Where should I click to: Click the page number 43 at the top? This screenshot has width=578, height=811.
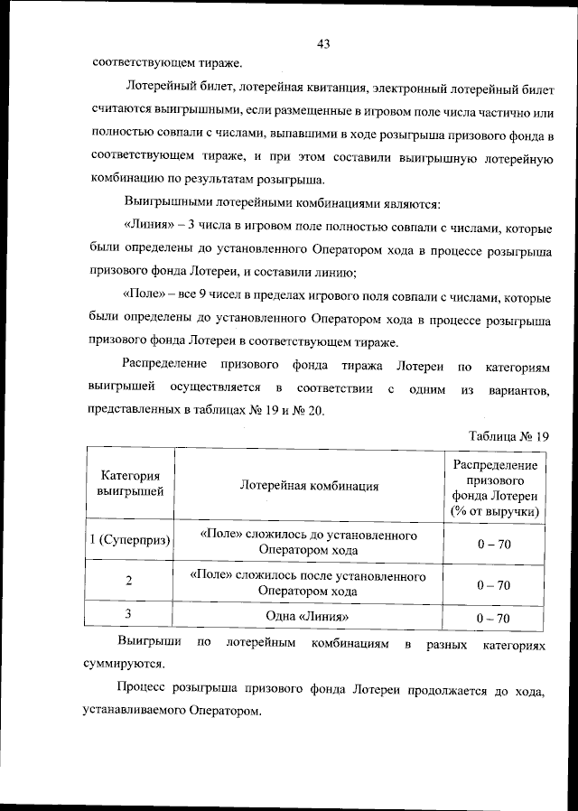click(323, 43)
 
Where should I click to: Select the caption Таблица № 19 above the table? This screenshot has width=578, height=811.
click(508, 436)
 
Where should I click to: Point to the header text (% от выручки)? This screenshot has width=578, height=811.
click(493, 511)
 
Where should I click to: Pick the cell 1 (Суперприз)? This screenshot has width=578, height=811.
click(130, 541)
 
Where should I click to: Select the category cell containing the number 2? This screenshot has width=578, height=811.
click(130, 582)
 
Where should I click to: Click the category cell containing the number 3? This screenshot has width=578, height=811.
click(130, 615)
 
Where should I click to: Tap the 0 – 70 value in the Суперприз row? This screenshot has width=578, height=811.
click(493, 543)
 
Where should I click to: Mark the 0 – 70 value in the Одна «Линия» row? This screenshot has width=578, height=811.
click(493, 618)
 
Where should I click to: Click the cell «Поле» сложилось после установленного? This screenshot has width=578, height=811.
click(309, 575)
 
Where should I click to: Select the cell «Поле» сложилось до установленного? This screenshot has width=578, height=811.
click(309, 535)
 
